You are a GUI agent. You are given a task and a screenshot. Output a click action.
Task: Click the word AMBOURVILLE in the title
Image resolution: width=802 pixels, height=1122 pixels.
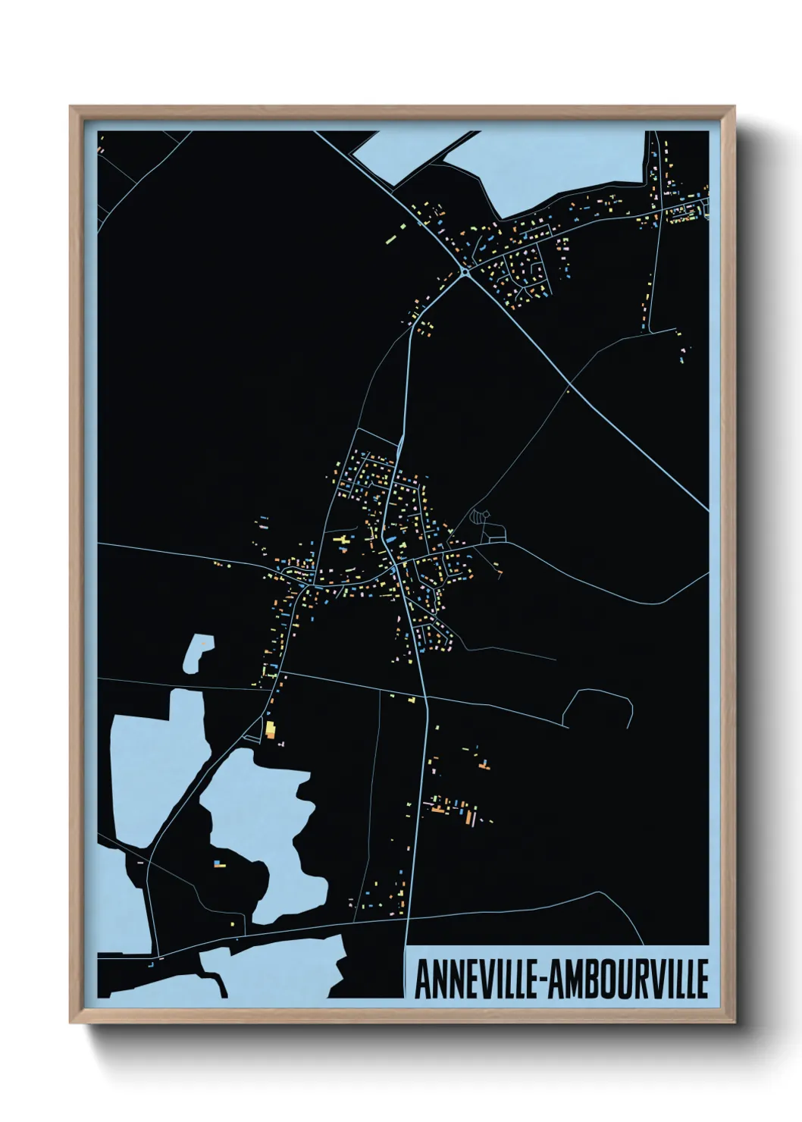coord(628,979)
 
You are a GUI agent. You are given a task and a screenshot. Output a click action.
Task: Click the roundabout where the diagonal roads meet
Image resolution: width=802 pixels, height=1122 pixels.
coord(464,271)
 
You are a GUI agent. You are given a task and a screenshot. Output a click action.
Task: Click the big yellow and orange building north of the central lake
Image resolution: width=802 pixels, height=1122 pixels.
coord(269,730)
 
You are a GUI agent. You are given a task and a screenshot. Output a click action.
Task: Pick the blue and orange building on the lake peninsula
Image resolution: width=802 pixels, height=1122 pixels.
coord(219,863)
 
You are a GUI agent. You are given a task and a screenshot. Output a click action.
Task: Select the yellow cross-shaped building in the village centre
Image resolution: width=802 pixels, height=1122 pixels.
coord(341,539)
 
